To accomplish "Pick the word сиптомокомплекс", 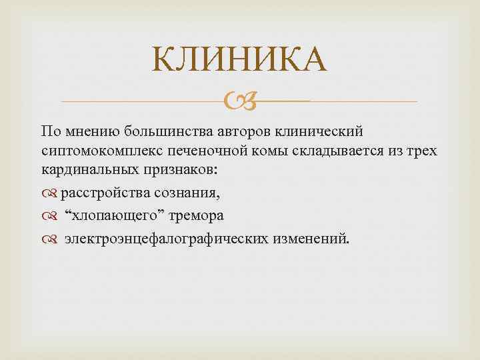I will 91,151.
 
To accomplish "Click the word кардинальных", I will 83,169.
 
